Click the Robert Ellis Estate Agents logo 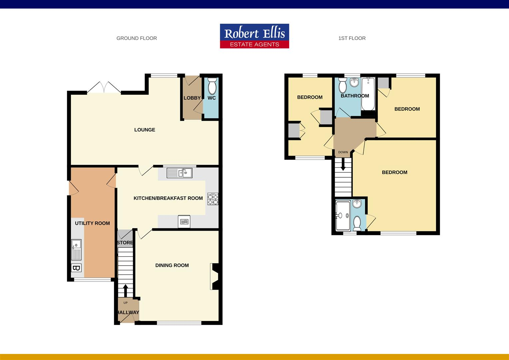pyautogui.click(x=254, y=36)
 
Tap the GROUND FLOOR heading pyautogui.click(x=137, y=38)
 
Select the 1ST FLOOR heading pyautogui.click(x=352, y=38)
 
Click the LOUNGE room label pyautogui.click(x=145, y=130)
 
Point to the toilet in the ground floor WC pyautogui.click(x=212, y=87)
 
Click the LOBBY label pyautogui.click(x=192, y=98)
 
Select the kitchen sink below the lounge pyautogui.click(x=180, y=173)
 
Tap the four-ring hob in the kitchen pyautogui.click(x=213, y=199)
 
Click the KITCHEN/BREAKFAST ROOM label pyautogui.click(x=168, y=198)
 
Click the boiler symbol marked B pyautogui.click(x=76, y=268)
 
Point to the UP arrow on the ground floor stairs pyautogui.click(x=125, y=291)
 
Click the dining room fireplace pyautogui.click(x=215, y=276)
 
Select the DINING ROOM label pyautogui.click(x=172, y=265)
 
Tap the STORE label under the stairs pyautogui.click(x=125, y=243)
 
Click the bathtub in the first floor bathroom pyautogui.click(x=368, y=94)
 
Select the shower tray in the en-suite pyautogui.click(x=343, y=216)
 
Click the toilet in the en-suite pyautogui.click(x=357, y=223)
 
